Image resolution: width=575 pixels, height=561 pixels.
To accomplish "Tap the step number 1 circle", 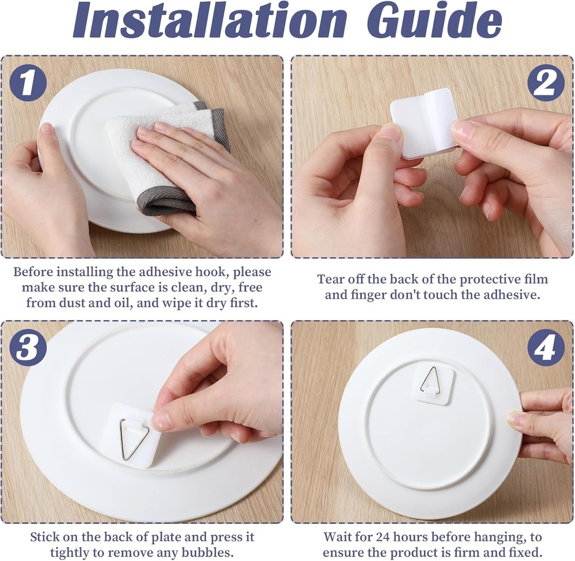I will point(28,82).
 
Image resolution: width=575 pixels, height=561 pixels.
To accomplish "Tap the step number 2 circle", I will point(545,83).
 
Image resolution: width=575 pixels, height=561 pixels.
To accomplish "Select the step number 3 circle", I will point(28,348).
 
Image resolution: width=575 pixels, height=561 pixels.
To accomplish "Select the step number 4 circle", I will point(545,348).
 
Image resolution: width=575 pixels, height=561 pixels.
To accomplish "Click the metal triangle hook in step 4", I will point(430,380).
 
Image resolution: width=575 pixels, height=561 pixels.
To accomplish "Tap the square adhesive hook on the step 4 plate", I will point(432,383).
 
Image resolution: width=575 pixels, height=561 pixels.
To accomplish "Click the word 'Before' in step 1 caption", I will point(34,272).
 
